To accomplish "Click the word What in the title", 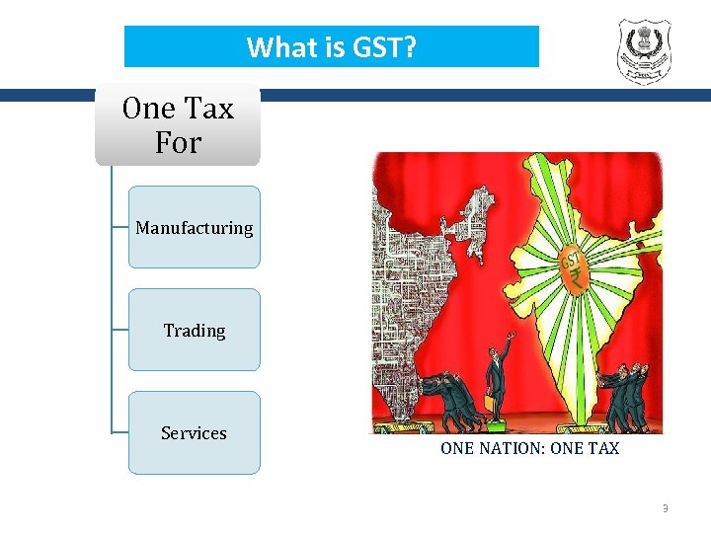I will (x=278, y=46).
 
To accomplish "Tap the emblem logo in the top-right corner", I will (x=643, y=50).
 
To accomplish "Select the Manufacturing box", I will (x=195, y=228).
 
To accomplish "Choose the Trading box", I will (x=195, y=331).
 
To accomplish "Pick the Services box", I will (x=195, y=433).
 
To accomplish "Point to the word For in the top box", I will (x=178, y=143).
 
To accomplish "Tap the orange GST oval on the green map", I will (x=570, y=262).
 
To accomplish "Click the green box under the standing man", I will (x=500, y=425).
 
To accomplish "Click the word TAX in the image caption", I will (x=601, y=449).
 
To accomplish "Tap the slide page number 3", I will (x=665, y=508).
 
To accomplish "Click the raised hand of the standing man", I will (x=511, y=339).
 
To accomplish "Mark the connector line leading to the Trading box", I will (x=120, y=330).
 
